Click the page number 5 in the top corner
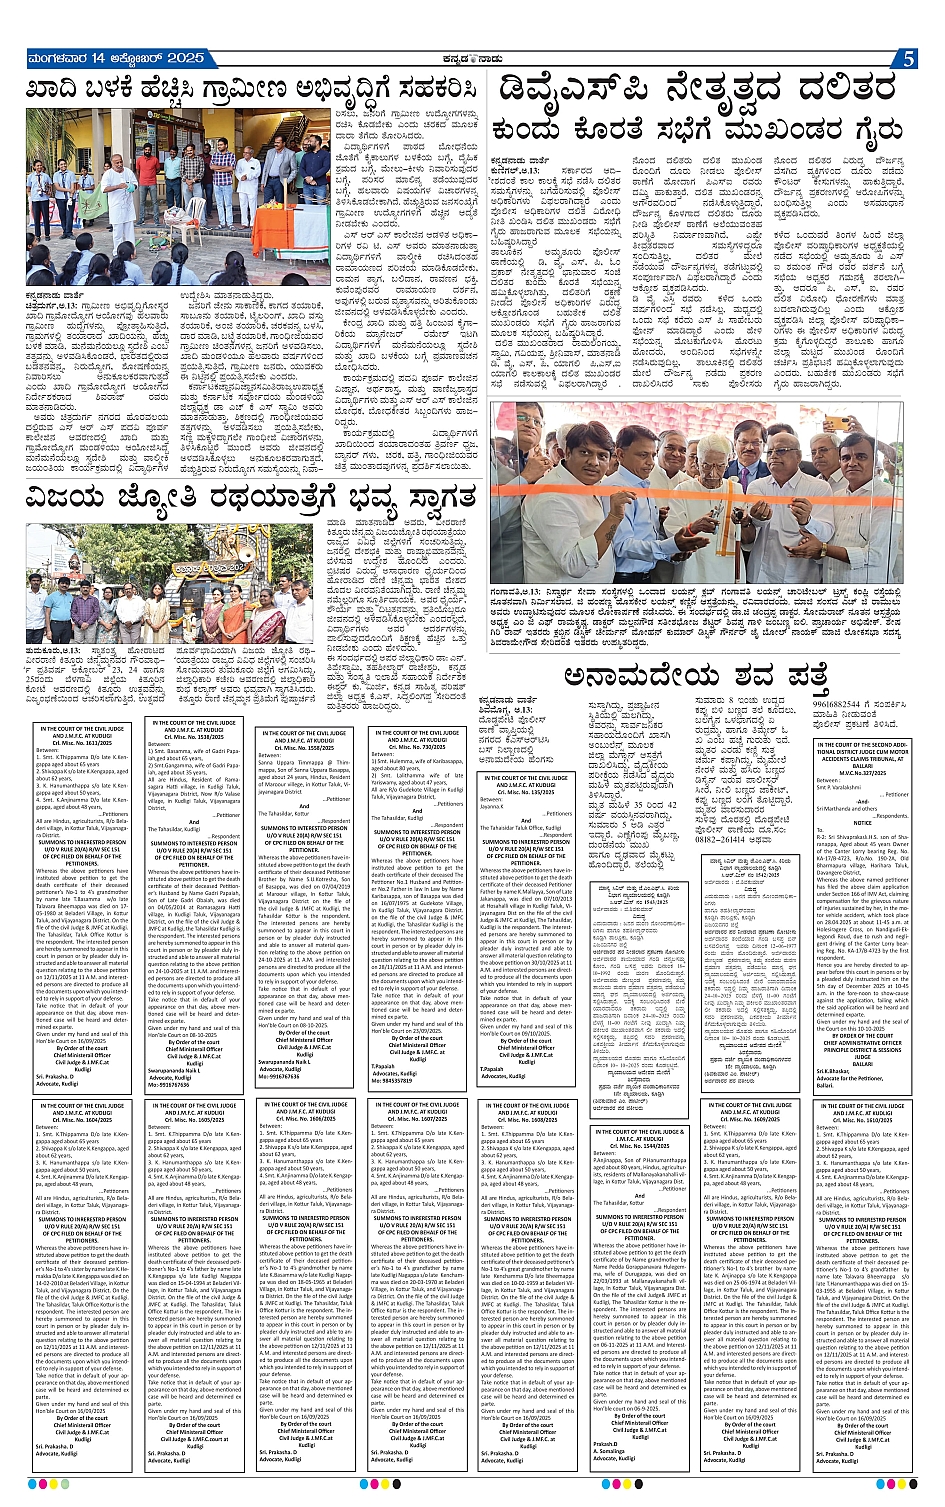908,59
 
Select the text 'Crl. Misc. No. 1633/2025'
79,742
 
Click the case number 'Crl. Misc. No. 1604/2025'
79,1122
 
